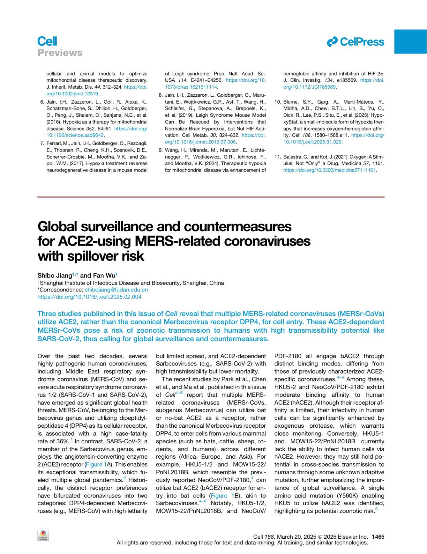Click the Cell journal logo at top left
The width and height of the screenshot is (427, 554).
tap(47, 41)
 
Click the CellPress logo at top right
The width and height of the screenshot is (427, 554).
tap(355, 42)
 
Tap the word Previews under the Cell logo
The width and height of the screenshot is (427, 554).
tap(60, 53)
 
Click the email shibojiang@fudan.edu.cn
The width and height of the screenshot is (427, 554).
tap(116, 290)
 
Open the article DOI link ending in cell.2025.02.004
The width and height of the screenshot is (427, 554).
tap(89, 297)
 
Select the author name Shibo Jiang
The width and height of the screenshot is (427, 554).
tap(55, 275)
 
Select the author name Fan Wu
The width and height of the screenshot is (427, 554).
tap(104, 275)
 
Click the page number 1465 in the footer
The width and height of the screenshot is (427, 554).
tap(378, 537)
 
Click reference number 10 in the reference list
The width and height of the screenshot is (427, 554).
tap(278, 102)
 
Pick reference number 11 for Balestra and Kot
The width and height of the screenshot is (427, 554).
tap(278, 157)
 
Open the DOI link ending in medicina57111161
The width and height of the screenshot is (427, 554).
tap(330, 170)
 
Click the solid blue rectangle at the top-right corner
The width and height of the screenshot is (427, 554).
tap(410, 42)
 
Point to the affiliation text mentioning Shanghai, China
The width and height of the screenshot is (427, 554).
tap(132, 283)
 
